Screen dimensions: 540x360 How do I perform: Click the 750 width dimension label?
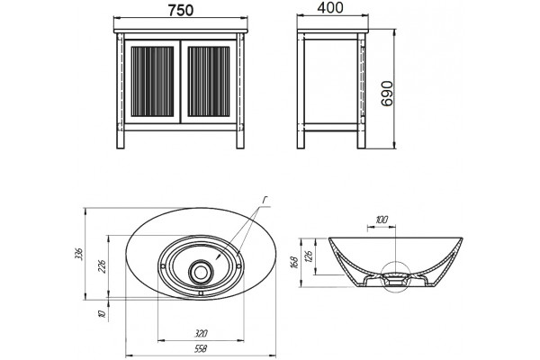pyautogui.click(x=181, y=10)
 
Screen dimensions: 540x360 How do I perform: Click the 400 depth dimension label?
pyautogui.click(x=330, y=8)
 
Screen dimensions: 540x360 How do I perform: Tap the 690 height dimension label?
pyautogui.click(x=387, y=94)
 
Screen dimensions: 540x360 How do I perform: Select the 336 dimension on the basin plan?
pyautogui.click(x=79, y=254)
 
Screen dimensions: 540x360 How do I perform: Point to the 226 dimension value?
pyautogui.click(x=103, y=266)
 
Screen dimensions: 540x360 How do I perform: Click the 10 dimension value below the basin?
pyautogui.click(x=102, y=314)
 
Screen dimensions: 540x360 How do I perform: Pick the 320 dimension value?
pyautogui.click(x=201, y=334)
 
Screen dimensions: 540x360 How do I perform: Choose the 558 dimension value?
pyautogui.click(x=201, y=349)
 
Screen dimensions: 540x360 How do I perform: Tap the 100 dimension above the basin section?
pyautogui.click(x=382, y=220)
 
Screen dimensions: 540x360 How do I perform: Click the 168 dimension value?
pyautogui.click(x=295, y=263)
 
